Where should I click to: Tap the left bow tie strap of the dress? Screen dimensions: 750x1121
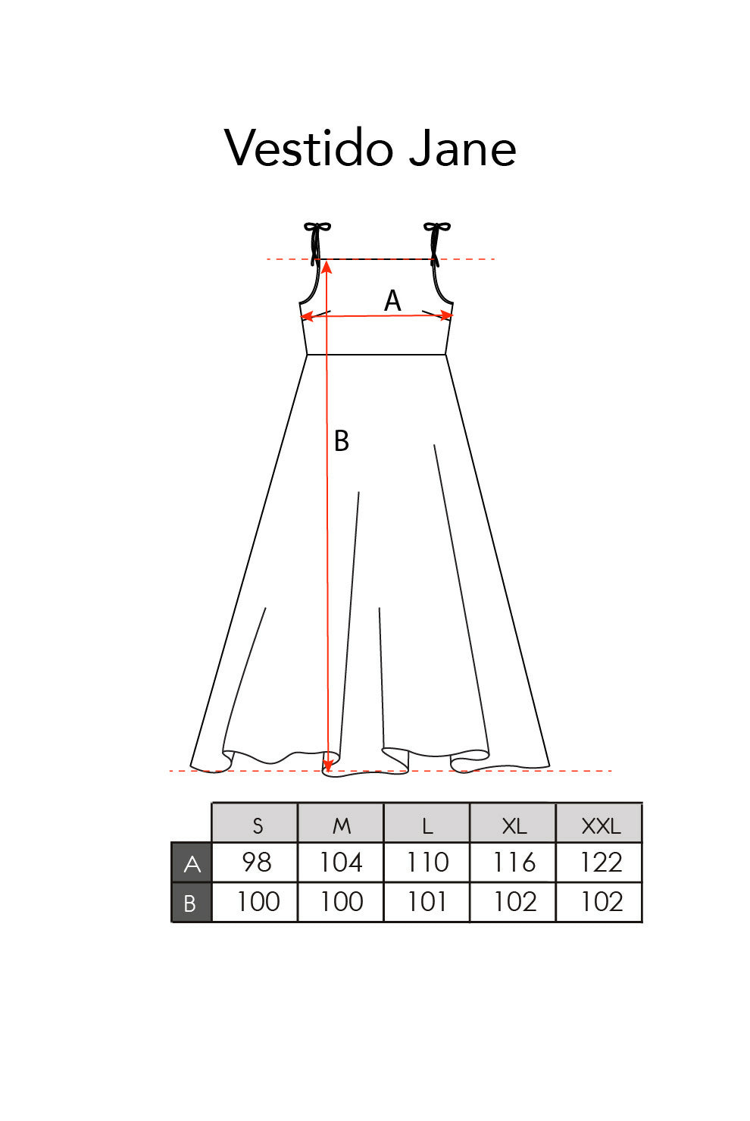tap(316, 243)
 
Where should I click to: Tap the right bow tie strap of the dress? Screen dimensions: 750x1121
tap(436, 243)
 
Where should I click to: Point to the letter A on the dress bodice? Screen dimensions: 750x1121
tap(392, 301)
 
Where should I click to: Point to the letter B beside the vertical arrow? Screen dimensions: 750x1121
tap(341, 441)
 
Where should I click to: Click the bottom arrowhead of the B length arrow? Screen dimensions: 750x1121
tap(328, 766)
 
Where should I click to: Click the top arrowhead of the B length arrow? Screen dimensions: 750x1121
tap(327, 267)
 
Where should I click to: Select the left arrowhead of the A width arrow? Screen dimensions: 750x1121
tap(307, 317)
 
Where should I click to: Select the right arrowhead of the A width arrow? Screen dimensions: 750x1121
tap(446, 315)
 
